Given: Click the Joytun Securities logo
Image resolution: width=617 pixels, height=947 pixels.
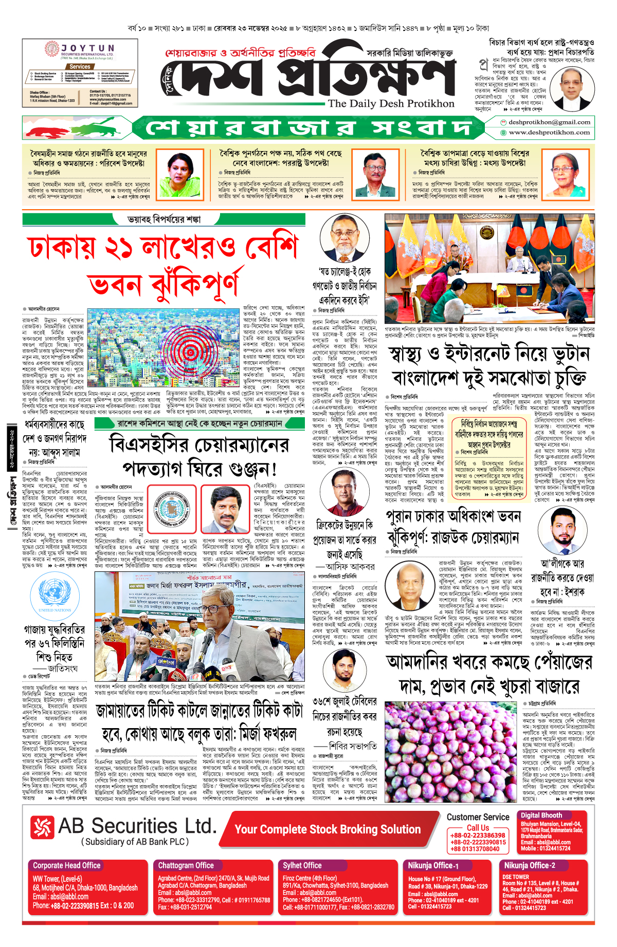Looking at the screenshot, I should [80, 51].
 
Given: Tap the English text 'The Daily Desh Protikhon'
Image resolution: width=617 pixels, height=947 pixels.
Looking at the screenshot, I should [391, 103].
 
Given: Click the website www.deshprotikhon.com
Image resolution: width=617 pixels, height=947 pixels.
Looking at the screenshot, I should [549, 133].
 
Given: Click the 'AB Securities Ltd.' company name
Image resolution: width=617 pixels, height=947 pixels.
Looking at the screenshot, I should [137, 826].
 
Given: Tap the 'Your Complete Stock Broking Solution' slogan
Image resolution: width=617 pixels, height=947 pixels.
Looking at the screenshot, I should [328, 829].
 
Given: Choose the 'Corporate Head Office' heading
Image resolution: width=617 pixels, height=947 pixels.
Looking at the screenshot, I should [67, 865].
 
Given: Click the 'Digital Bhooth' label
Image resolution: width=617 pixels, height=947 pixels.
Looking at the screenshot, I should [541, 815].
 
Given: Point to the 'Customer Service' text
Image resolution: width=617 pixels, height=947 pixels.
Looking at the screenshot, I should [478, 817].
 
